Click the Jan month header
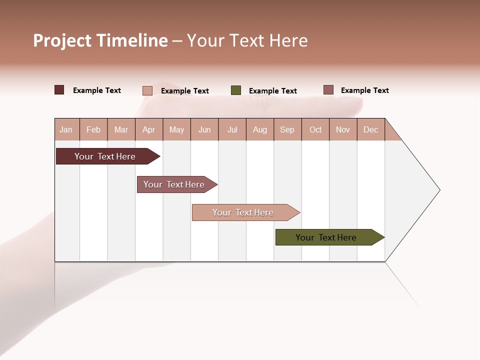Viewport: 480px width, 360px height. pos(66,129)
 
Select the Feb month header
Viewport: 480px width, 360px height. pos(93,129)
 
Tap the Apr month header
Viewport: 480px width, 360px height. pos(148,129)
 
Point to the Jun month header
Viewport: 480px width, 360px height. pos(204,129)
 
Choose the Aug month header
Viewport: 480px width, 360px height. pos(260,129)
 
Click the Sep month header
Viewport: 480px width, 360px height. pos(287,129)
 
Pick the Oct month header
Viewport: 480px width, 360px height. pos(315,129)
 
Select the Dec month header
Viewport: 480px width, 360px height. pos(370,129)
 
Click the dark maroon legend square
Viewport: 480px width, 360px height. pos(59,90)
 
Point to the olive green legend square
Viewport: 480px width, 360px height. pos(236,90)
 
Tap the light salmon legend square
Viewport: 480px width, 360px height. pos(147,90)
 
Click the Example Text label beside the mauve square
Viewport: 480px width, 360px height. pos(364,90)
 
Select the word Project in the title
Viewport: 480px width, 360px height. pos(62,40)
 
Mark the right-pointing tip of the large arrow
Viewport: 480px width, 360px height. pos(438,190)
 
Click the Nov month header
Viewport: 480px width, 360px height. pos(343,129)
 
